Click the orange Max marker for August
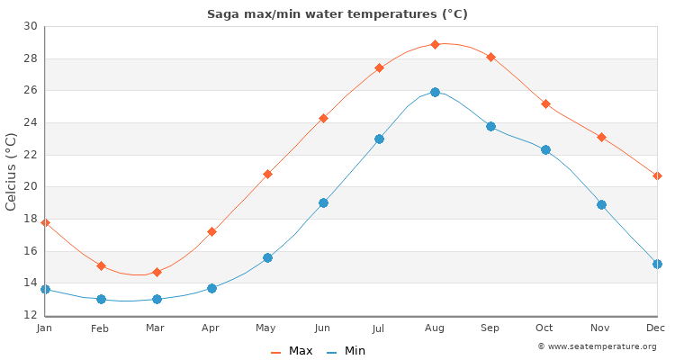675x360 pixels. (435, 44)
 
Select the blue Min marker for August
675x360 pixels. (435, 92)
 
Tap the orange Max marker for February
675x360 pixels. (101, 266)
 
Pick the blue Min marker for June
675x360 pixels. (323, 202)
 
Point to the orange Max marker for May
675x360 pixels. (267, 174)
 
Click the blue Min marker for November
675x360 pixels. (601, 204)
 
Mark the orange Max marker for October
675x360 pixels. (545, 104)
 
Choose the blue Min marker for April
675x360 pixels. (211, 288)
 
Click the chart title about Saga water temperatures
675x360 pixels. (337, 14)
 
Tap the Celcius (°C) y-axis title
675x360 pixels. (12, 171)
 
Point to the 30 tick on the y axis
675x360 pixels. (31, 26)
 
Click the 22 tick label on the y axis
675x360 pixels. (31, 155)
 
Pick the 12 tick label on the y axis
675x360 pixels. (31, 315)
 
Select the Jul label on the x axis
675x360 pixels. (379, 328)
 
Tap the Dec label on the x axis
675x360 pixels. (656, 328)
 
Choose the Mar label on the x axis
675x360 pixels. (156, 328)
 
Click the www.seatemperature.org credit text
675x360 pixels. (597, 346)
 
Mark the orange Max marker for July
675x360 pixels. (379, 67)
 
